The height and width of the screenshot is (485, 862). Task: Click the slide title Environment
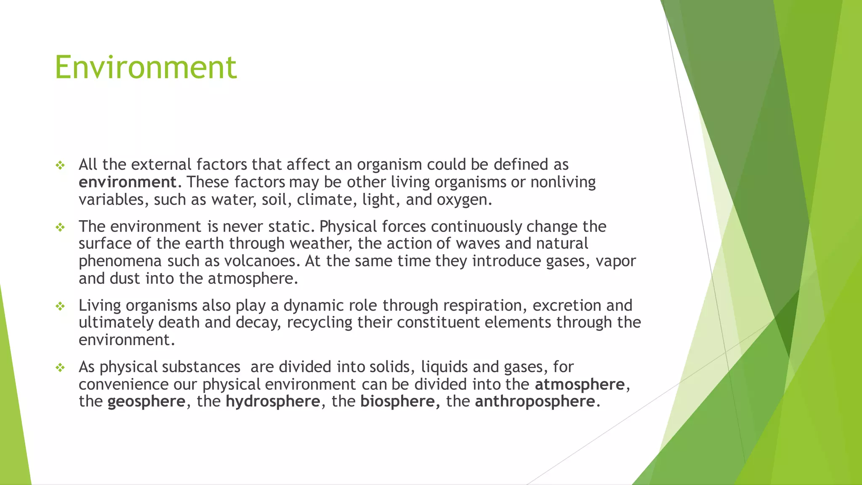[146, 67]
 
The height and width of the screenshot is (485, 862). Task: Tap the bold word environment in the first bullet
[128, 182]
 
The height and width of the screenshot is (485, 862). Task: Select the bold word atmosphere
[580, 384]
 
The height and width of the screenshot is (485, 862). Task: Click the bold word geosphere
[146, 402]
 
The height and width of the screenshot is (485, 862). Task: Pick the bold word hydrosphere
[273, 402]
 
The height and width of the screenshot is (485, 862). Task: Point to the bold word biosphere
[397, 402]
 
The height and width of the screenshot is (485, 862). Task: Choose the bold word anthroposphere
[535, 402]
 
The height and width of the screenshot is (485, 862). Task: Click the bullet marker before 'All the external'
[60, 165]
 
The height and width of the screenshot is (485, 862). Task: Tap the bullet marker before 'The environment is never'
[60, 228]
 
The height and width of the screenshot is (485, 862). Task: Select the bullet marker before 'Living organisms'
[60, 306]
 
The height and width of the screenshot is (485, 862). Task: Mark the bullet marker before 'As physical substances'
[60, 368]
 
